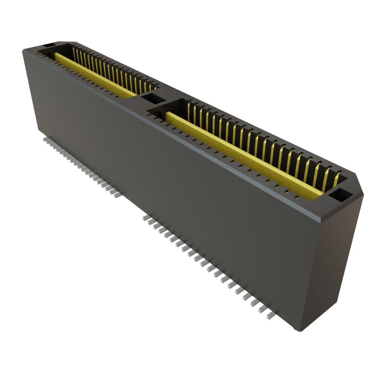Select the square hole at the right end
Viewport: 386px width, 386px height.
click(x=340, y=195)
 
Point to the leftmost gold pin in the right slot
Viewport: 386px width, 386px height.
click(x=188, y=109)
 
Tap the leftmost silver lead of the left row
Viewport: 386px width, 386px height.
click(x=44, y=139)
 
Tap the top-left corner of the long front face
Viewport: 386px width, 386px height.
click(x=23, y=51)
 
